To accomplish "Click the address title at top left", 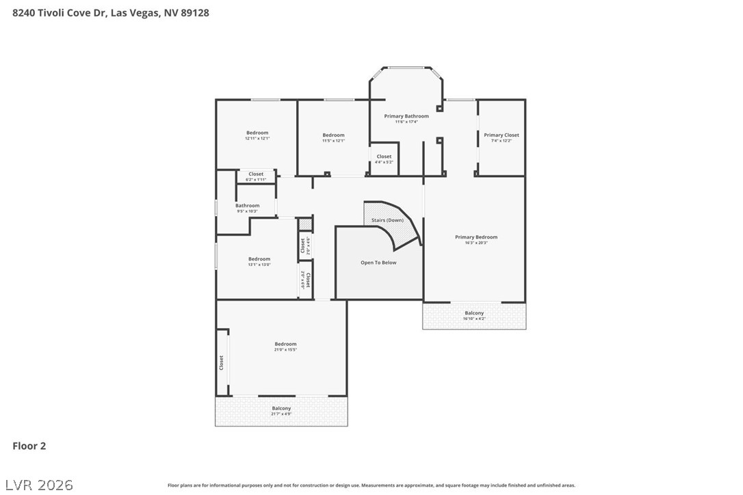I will [x=110, y=12].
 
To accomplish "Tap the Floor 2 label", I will [x=29, y=446].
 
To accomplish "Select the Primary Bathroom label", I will [x=406, y=116].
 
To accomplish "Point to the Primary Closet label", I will [x=501, y=135].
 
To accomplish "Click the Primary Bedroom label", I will [x=476, y=237].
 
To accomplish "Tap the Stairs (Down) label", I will [x=387, y=220].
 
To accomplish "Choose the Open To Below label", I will [x=378, y=263].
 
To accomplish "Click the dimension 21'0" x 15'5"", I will [x=285, y=350].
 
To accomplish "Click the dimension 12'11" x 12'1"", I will [x=257, y=139].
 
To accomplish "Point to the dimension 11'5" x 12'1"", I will [x=333, y=141].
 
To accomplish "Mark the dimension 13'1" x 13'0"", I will [x=259, y=265].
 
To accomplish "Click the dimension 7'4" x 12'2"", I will [x=501, y=141].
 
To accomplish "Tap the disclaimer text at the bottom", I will [x=371, y=485].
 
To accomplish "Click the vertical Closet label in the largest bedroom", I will [x=221, y=362].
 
